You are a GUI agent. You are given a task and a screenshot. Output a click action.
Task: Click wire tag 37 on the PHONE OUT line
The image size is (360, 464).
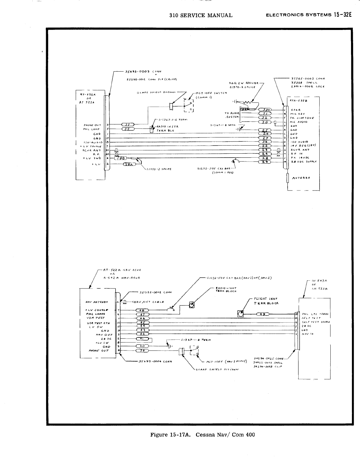(x=128, y=125)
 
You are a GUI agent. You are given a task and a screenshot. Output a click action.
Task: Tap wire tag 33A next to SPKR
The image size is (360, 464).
(x=264, y=110)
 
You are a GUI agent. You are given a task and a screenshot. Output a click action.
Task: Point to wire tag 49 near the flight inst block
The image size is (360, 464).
(x=262, y=314)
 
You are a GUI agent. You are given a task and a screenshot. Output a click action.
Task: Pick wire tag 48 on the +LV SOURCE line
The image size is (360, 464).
(x=143, y=310)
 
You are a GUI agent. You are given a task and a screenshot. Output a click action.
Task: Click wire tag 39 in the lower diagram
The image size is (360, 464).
(x=143, y=351)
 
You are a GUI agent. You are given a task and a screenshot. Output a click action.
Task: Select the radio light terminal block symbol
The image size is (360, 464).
(x=192, y=305)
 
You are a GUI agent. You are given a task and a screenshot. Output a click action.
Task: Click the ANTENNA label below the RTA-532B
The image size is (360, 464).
(x=301, y=178)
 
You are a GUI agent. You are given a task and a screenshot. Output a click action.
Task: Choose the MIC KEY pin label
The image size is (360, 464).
(x=297, y=114)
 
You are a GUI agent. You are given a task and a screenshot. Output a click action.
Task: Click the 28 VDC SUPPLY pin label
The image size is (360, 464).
(x=304, y=161)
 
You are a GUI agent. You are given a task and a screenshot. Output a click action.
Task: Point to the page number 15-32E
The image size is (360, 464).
(x=342, y=15)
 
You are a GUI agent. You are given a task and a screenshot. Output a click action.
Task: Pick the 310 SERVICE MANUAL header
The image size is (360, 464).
(x=201, y=15)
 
